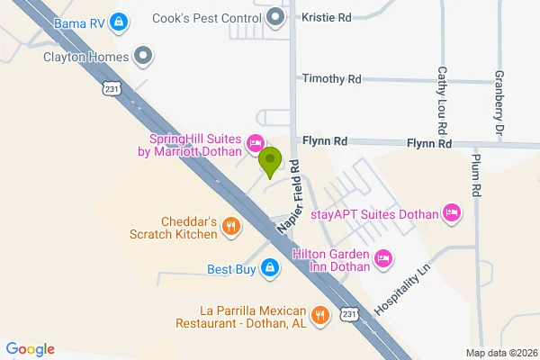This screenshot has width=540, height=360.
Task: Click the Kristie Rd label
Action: [327, 17]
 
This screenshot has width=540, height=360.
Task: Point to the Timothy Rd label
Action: [332, 79]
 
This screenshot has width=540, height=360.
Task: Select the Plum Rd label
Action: [476, 175]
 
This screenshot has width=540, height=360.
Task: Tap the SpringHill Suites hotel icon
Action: [256, 143]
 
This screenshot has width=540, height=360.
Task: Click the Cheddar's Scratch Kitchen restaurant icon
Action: [231, 227]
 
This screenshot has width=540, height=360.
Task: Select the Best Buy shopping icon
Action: [269, 268]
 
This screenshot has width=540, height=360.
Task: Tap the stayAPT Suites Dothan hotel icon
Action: [452, 213]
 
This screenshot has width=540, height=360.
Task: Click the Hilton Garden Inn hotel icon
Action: [384, 259]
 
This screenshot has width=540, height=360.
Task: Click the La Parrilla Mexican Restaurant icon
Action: [319, 316]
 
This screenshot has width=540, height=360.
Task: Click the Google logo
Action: [31, 349]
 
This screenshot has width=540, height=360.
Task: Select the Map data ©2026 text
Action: [500, 352]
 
